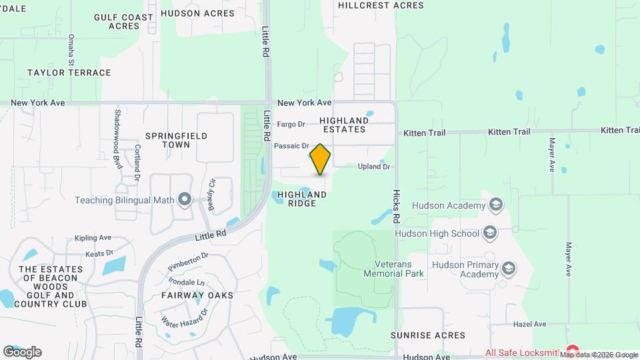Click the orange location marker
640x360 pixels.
[320, 159]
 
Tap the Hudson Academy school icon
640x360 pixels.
[495, 205]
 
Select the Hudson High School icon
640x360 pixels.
[490, 233]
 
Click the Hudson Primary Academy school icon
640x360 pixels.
[509, 268]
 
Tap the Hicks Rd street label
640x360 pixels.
[396, 209]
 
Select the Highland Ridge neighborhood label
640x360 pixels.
[302, 199]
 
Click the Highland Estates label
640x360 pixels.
[343, 125]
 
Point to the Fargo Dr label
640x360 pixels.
[291, 124]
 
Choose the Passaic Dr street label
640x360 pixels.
[291, 145]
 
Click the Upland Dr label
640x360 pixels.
[373, 167]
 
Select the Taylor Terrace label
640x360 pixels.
[69, 72]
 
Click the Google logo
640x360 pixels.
[22, 351]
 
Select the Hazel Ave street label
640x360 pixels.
[529, 324]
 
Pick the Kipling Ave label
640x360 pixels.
[93, 238]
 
